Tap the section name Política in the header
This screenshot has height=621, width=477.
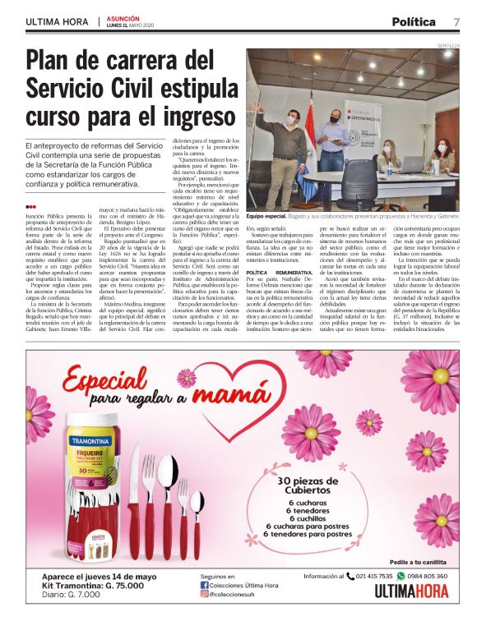pos(413,21)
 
